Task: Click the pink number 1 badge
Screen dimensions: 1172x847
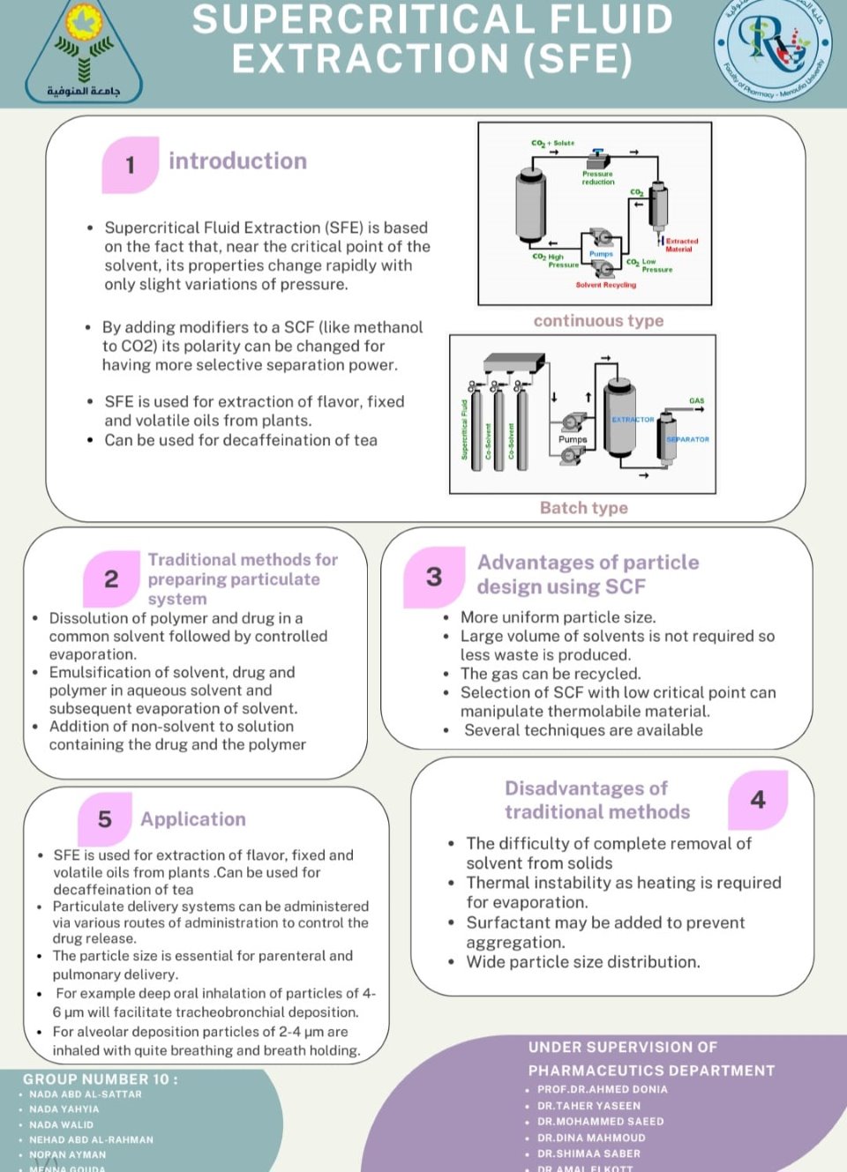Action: click(x=131, y=165)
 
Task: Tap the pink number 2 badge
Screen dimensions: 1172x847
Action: click(x=111, y=579)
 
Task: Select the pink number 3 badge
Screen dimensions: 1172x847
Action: click(x=434, y=577)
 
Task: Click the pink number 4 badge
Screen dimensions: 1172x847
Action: click(x=758, y=800)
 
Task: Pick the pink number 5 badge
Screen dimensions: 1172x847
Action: click(x=105, y=819)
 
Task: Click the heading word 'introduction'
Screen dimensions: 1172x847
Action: click(x=237, y=161)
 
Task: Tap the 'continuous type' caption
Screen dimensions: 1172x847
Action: click(x=598, y=321)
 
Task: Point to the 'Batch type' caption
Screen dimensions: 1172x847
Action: click(x=583, y=508)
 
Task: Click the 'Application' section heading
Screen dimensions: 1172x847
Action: click(x=193, y=819)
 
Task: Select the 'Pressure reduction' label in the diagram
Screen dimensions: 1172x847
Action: click(x=597, y=178)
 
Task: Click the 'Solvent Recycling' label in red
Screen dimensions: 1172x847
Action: click(x=605, y=285)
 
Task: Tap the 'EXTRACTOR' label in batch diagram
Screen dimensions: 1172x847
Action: click(x=633, y=420)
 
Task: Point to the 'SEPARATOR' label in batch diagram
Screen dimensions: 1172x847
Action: click(x=687, y=439)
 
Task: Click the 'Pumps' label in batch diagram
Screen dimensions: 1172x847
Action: click(x=572, y=439)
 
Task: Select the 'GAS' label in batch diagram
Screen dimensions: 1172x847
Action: click(x=696, y=401)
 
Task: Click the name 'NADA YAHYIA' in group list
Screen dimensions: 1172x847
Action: click(x=64, y=1109)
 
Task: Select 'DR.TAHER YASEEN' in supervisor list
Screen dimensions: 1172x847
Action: click(x=588, y=1106)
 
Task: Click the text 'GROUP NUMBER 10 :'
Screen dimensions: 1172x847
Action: click(x=101, y=1079)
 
